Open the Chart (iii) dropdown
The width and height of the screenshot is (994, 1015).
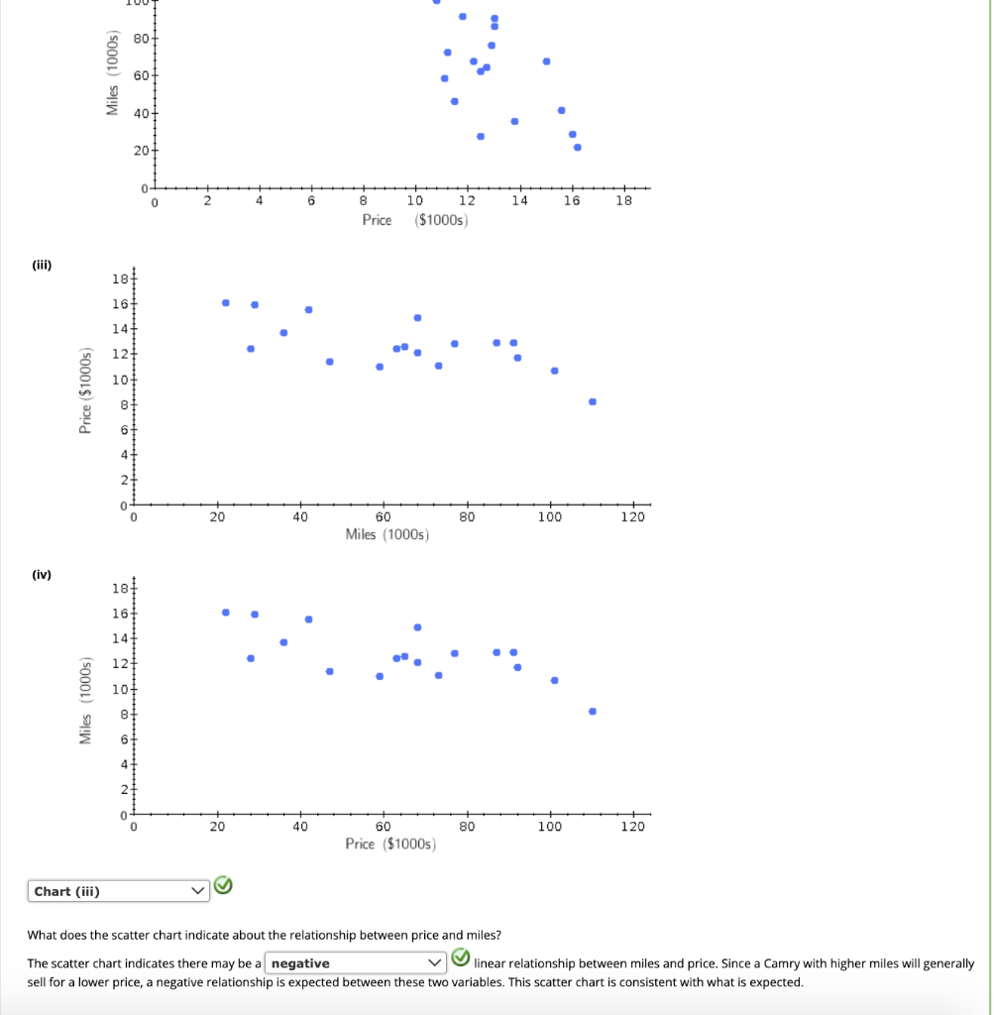pyautogui.click(x=118, y=891)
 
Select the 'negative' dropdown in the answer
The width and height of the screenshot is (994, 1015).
pyautogui.click(x=355, y=962)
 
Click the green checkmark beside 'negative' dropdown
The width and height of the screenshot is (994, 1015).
pyautogui.click(x=460, y=958)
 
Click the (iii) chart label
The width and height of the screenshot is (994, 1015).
pyautogui.click(x=41, y=265)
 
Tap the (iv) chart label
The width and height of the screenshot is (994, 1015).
pyautogui.click(x=41, y=575)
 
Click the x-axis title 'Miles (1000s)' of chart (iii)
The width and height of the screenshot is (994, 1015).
pyautogui.click(x=387, y=535)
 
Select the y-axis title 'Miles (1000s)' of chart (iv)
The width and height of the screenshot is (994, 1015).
pyautogui.click(x=86, y=701)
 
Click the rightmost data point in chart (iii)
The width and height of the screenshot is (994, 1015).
pyautogui.click(x=593, y=401)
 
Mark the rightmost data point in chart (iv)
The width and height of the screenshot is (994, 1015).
pyautogui.click(x=593, y=711)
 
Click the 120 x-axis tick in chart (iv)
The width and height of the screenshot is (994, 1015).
pyautogui.click(x=633, y=827)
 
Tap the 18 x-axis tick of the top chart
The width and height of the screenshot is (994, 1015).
pyautogui.click(x=622, y=201)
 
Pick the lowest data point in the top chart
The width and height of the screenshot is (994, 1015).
pyautogui.click(x=578, y=148)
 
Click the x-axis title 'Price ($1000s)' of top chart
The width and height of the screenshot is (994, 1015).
pyautogui.click(x=414, y=220)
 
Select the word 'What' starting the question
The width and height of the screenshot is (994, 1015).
pyautogui.click(x=44, y=935)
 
